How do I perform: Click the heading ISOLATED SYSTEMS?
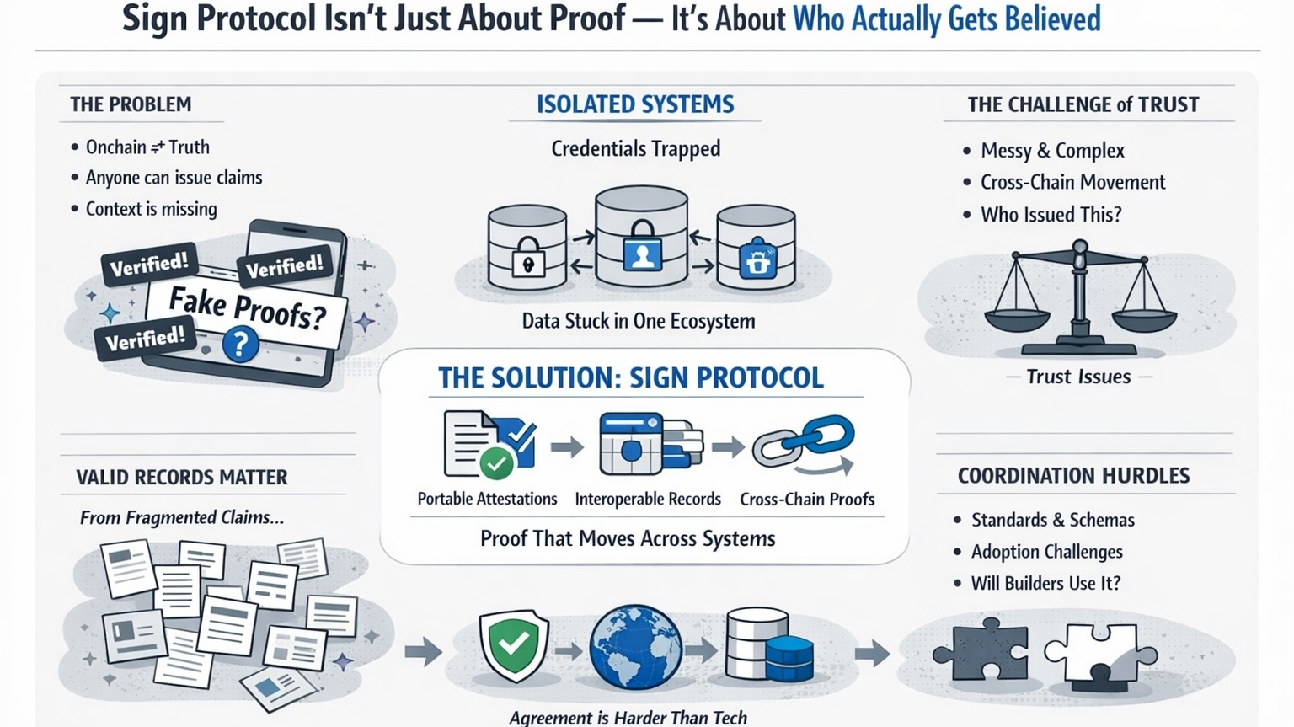(635, 104)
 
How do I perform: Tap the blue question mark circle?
(240, 344)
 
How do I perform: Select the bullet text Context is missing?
(151, 209)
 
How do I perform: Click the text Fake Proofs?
(247, 308)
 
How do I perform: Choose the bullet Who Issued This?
(1051, 215)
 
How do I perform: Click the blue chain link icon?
(804, 443)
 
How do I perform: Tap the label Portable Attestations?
(487, 499)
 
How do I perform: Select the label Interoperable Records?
(647, 499)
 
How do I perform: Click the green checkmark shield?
(514, 644)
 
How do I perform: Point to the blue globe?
(635, 647)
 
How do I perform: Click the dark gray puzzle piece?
(981, 650)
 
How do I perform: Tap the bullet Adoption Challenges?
(1046, 552)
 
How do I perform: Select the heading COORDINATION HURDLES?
(1073, 476)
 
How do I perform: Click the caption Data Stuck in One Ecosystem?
(638, 321)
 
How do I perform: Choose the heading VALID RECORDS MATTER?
(182, 478)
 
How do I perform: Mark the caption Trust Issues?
(1078, 377)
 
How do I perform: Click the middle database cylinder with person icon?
(642, 238)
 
